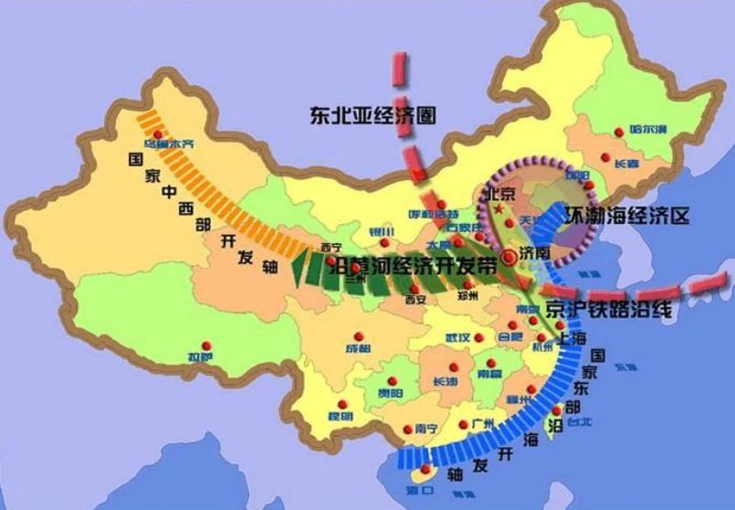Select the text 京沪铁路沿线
tap(609, 309)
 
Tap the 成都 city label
tap(358, 348)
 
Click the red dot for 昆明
tap(341, 405)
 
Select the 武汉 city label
tap(457, 337)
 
